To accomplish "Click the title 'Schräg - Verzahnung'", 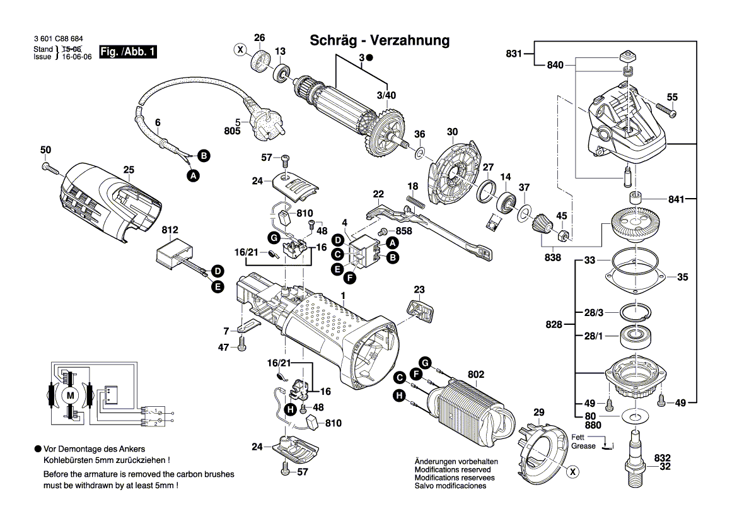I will (x=380, y=41).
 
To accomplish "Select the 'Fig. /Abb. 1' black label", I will (x=128, y=52).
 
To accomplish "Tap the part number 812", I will (x=170, y=231).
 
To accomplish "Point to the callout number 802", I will (x=476, y=375).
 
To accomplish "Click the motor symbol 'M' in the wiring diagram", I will (x=71, y=395).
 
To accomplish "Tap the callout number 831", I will (x=514, y=54).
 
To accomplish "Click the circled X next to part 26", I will (x=240, y=49).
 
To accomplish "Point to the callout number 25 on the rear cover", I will (x=129, y=170).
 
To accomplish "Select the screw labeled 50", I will (x=50, y=168).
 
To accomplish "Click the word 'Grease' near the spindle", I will (x=583, y=446).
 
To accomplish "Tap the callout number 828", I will (x=554, y=325).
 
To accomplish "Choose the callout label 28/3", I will (x=593, y=313).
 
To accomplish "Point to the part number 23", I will (x=419, y=291).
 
